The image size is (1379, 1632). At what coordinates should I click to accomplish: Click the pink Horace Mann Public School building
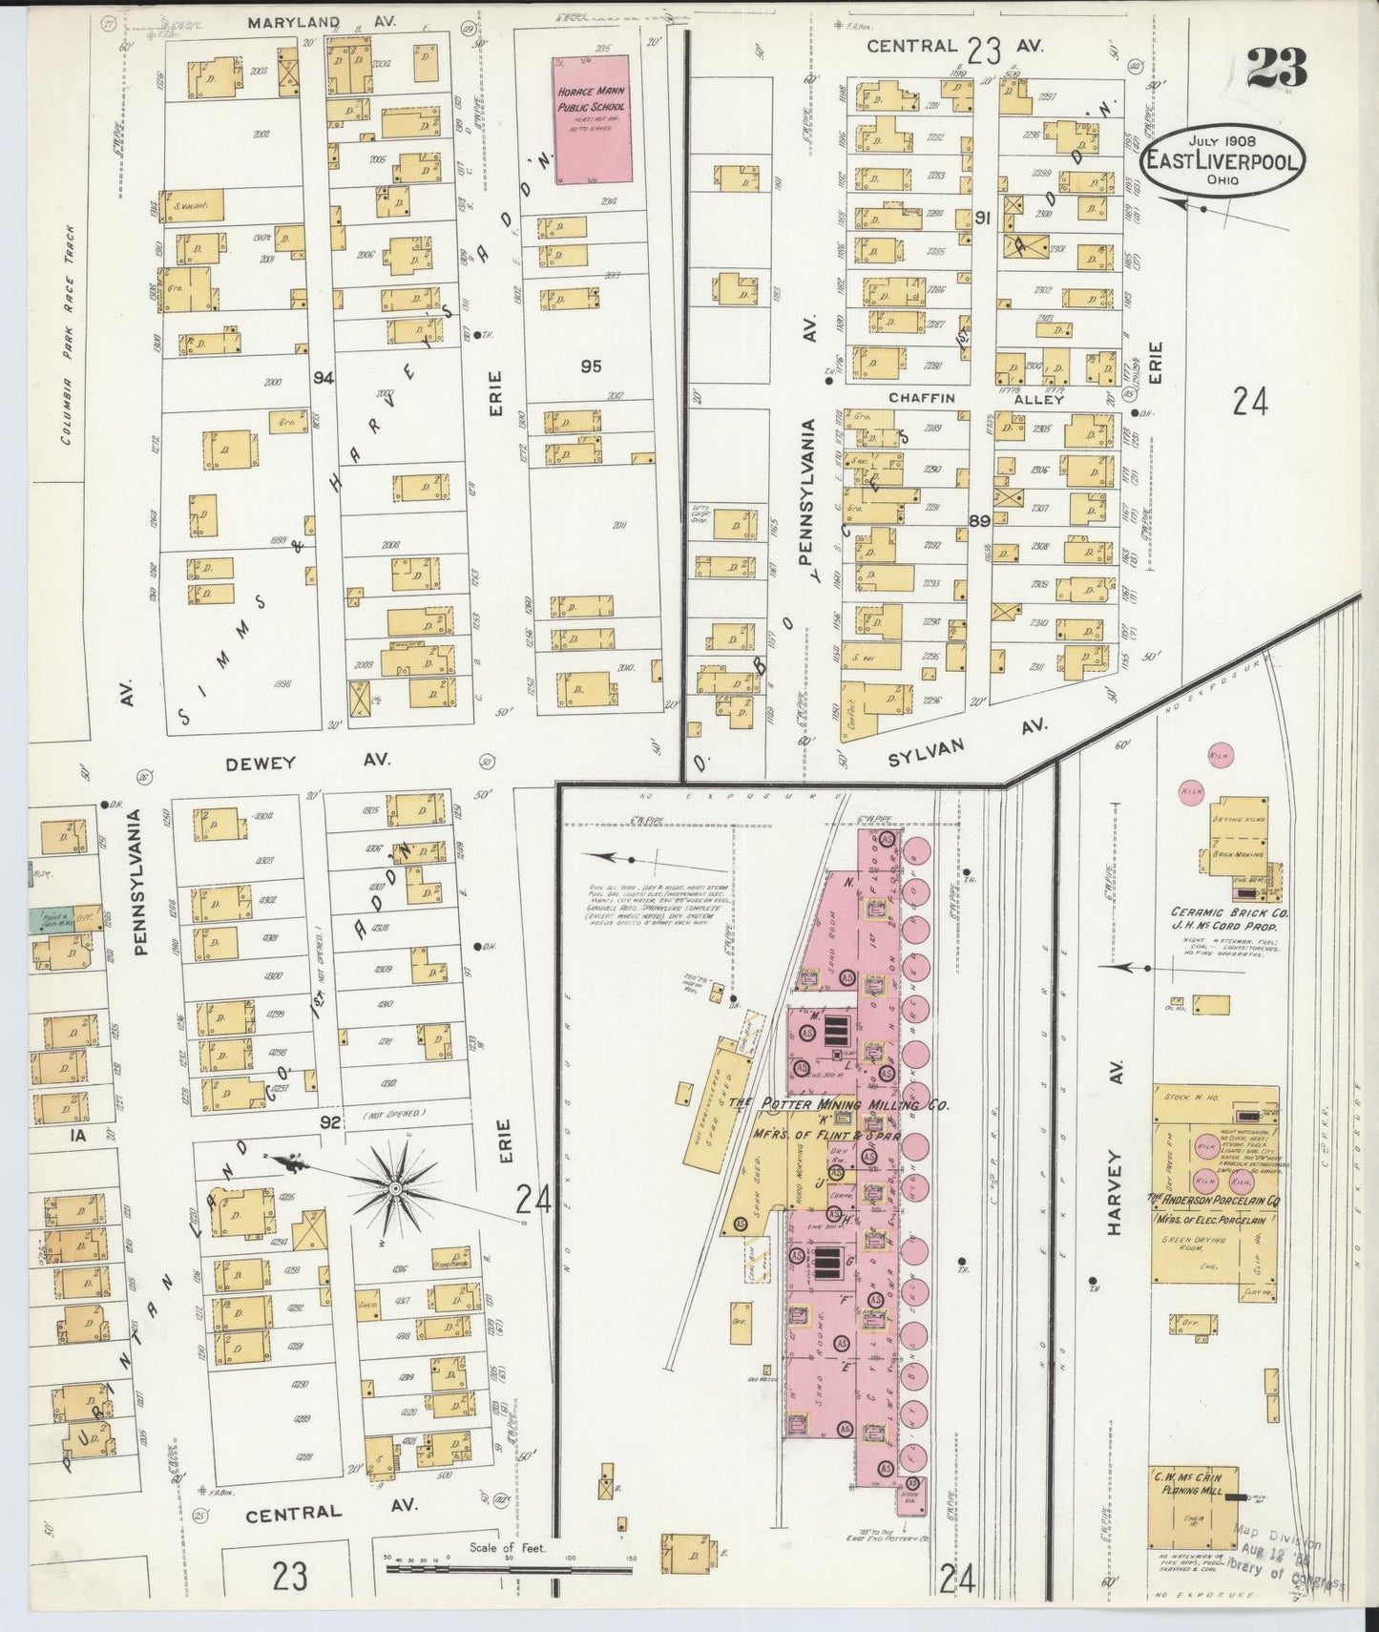(592, 118)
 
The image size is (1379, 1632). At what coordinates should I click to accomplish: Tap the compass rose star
(394, 1187)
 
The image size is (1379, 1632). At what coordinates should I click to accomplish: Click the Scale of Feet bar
(505, 1564)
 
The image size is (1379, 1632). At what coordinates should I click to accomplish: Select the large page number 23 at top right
(1276, 69)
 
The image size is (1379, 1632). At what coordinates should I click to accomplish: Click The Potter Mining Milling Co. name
(840, 1104)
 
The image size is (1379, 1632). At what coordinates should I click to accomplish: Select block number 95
(591, 366)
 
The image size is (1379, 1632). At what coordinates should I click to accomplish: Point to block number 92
(331, 1124)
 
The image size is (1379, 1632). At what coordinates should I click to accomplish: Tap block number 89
(978, 520)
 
